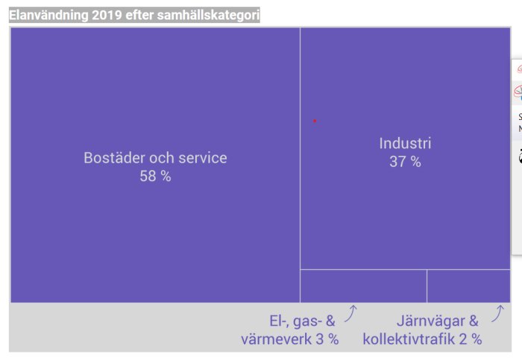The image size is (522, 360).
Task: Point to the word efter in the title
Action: point(142,15)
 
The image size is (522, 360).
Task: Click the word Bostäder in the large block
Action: point(114,158)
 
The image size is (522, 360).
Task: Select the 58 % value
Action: point(155,177)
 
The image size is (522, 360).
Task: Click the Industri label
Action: point(405,143)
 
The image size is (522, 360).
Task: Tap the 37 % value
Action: point(405,162)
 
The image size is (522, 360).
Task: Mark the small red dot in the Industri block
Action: point(315,121)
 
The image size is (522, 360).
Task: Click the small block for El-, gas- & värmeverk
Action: point(363,286)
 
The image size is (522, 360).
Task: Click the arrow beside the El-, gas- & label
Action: point(350,314)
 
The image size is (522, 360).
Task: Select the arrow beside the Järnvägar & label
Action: point(497,314)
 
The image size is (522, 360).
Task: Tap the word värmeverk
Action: point(274,339)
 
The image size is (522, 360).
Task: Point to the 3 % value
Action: point(326,339)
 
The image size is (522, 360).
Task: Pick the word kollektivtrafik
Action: point(409,339)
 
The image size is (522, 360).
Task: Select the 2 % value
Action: point(470,339)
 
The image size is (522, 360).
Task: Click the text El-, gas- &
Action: point(303,321)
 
